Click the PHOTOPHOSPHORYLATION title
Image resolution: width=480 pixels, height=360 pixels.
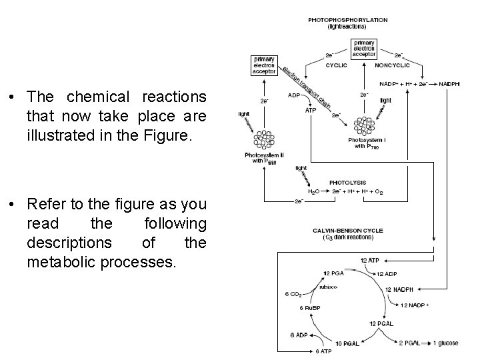click(x=347, y=20)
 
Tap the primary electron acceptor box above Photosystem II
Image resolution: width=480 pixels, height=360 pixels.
click(x=263, y=65)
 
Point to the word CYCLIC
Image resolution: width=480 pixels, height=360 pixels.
click(x=335, y=66)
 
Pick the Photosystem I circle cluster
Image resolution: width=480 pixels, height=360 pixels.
click(x=365, y=125)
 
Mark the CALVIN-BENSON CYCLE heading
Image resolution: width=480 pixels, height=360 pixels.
click(x=347, y=231)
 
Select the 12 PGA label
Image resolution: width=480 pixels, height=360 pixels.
click(x=333, y=273)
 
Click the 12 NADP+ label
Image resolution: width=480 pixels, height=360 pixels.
click(x=415, y=305)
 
